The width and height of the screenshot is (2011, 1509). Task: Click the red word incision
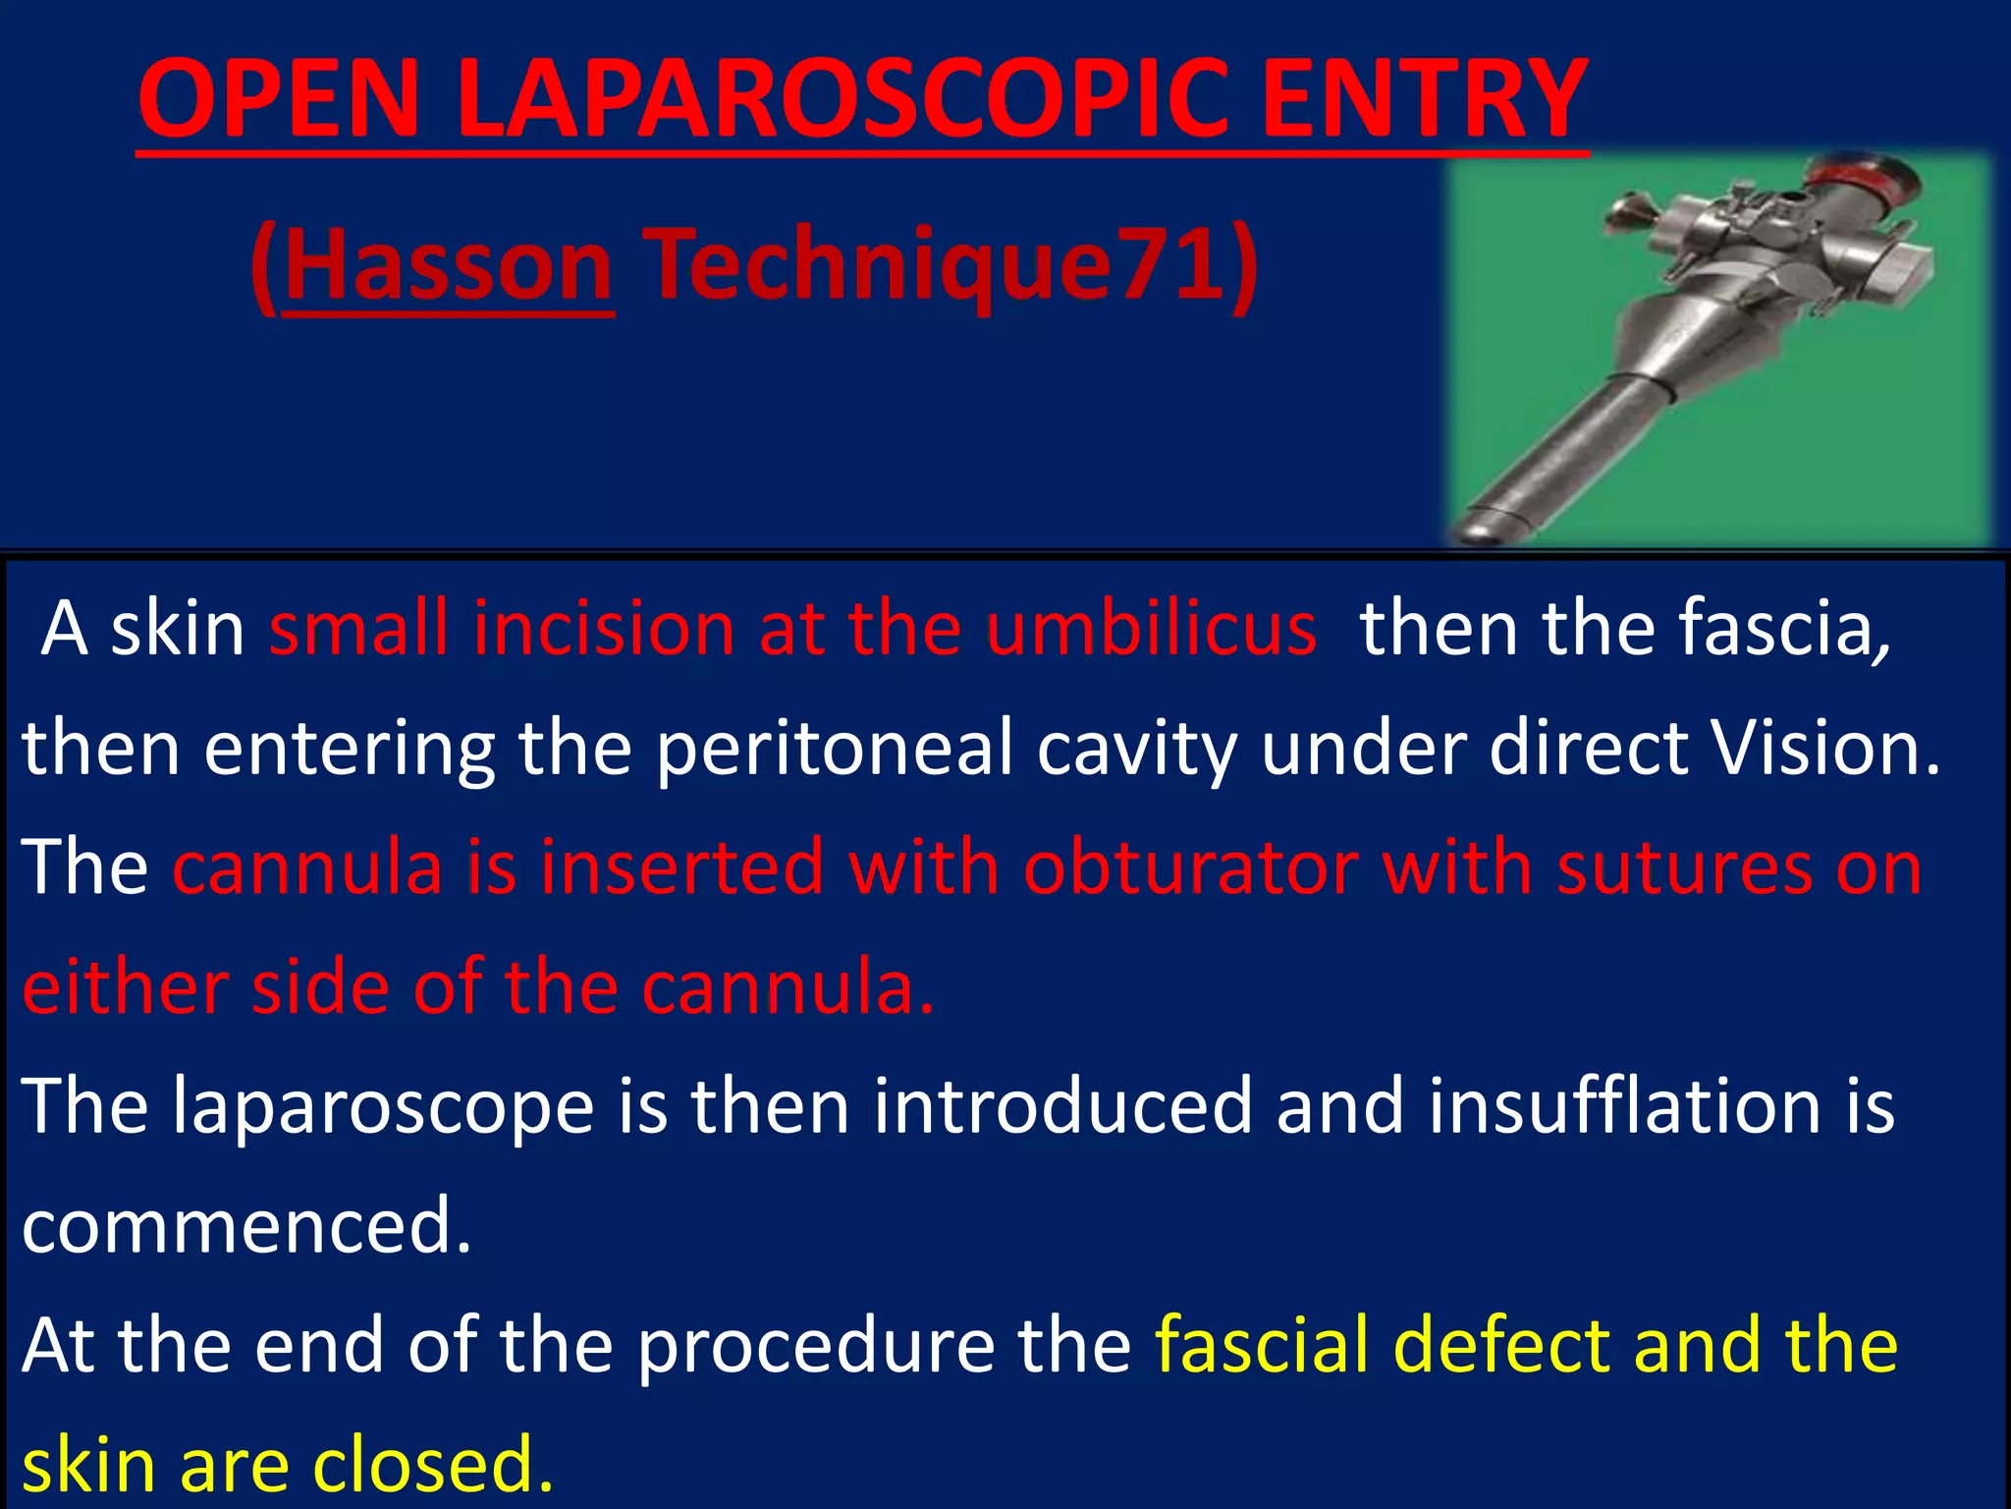604,629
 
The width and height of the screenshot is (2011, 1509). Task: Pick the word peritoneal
834,749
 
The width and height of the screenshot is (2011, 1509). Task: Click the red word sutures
1684,868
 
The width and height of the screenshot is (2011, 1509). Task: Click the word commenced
246,1227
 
